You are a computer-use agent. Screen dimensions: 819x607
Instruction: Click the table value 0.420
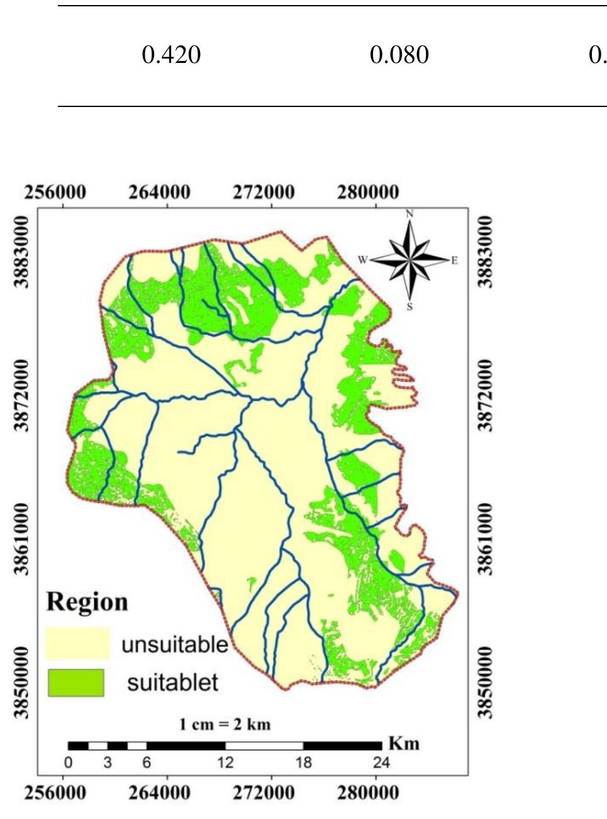pos(171,55)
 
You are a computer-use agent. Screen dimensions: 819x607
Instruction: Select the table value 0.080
pos(399,55)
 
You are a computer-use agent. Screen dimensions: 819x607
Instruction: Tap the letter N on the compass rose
pos(409,215)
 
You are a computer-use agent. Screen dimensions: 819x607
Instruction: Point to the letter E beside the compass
pos(454,260)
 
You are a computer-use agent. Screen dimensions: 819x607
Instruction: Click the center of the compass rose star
pos(409,259)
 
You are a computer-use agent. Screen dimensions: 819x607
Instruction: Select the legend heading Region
pos(87,602)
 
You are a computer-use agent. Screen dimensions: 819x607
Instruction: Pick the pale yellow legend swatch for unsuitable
pos(77,643)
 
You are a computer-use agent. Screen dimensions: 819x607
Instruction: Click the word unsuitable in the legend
pos(174,645)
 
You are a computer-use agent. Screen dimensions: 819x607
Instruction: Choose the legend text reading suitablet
pos(172,682)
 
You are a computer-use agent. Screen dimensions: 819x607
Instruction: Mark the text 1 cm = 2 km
pos(225,724)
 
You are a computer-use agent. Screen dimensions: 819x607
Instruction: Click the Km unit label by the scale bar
pos(403,743)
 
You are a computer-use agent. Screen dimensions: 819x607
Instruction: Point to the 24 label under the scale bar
pos(381,763)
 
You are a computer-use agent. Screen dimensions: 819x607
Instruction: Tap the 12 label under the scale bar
pos(225,763)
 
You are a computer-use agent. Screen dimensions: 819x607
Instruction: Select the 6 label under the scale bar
pos(147,763)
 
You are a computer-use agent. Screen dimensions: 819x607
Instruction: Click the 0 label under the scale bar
pos(68,763)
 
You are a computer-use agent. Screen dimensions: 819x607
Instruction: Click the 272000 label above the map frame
pos(264,192)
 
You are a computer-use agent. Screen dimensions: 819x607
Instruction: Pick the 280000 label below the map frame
pos(368,792)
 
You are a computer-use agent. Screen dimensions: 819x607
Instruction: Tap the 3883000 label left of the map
pos(22,251)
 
